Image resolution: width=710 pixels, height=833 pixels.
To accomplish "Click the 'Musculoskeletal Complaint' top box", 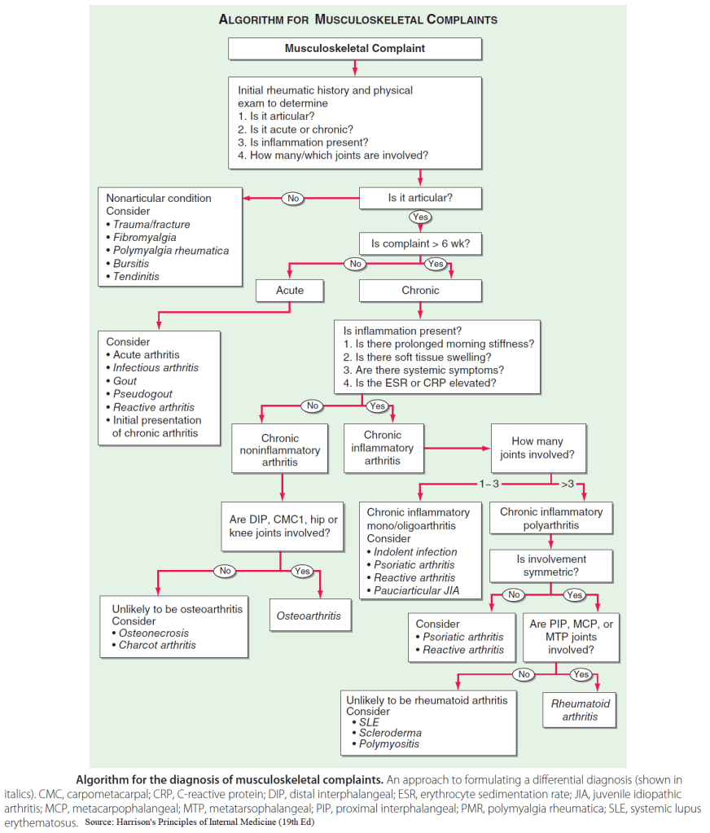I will (x=355, y=49).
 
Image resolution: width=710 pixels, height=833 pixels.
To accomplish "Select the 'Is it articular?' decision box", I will (x=420, y=198).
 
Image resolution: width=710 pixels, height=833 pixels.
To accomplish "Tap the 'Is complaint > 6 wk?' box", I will (x=420, y=243).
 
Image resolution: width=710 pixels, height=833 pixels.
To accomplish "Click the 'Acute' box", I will (x=290, y=290).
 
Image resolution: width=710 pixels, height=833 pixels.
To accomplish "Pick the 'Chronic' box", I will (x=420, y=290).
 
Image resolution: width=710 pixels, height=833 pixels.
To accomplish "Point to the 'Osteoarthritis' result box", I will (x=309, y=616).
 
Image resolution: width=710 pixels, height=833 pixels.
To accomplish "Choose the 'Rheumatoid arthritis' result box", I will (x=580, y=709).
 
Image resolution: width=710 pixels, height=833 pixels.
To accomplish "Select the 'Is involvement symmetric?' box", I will (x=551, y=567).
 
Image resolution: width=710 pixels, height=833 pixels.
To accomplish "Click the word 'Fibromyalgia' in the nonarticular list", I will (x=145, y=238).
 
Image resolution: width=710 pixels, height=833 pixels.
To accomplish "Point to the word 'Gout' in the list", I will (x=125, y=381).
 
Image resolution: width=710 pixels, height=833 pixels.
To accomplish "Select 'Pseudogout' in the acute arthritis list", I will (x=142, y=394).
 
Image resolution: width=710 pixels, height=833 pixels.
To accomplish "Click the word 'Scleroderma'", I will (x=390, y=733).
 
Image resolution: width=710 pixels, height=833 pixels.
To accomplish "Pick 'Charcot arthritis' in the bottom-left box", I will (x=157, y=645).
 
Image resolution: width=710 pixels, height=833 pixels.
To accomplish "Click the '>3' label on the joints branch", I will (x=568, y=485).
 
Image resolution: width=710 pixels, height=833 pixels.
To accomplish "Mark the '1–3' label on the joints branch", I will (x=489, y=485).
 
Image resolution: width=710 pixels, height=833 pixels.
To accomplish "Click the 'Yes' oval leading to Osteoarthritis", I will (x=302, y=571).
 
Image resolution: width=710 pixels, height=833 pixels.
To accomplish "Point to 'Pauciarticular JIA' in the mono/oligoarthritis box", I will (x=417, y=590).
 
